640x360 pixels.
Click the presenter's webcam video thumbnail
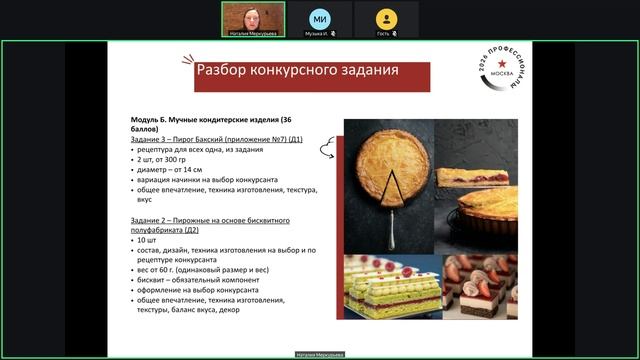[252, 17]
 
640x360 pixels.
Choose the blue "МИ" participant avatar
[320, 17]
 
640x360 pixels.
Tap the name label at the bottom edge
[320, 354]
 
